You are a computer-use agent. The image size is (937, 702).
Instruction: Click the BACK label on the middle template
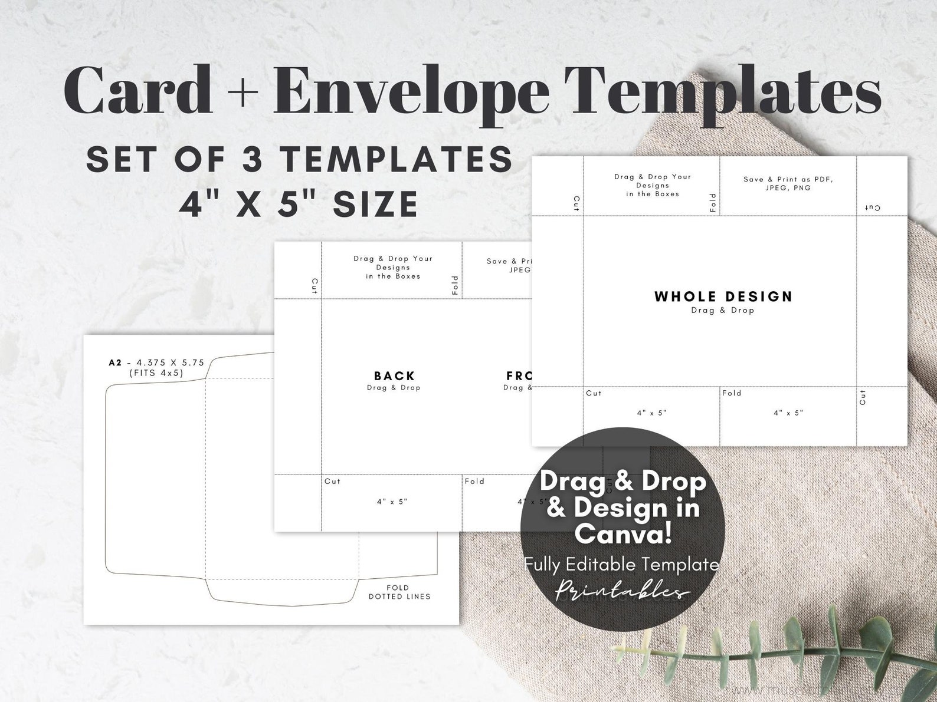[x=394, y=375]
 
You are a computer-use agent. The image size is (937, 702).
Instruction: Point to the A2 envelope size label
[x=156, y=362]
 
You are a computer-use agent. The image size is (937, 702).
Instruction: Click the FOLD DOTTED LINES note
[x=399, y=592]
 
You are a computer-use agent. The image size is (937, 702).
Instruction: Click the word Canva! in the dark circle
[x=623, y=534]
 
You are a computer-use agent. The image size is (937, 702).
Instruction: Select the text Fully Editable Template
[x=621, y=565]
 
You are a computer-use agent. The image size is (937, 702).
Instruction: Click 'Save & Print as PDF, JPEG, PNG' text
[x=788, y=183]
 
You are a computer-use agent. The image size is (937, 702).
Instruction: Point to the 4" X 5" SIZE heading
[x=299, y=204]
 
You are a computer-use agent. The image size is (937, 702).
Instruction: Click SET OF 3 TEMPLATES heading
[x=299, y=159]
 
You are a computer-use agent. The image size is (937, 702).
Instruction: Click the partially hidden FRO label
[x=518, y=375]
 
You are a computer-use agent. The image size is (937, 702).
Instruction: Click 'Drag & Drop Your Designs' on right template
[x=652, y=184]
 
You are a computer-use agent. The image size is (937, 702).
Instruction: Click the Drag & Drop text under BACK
[x=394, y=388]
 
